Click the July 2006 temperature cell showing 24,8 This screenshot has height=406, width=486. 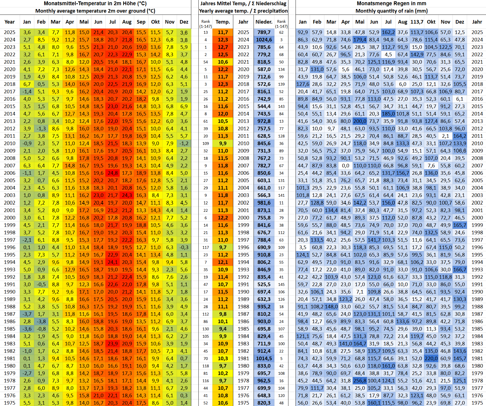tap(113, 173)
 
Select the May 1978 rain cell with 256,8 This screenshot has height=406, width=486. tap(360, 381)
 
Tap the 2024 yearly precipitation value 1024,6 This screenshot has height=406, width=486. tap(264, 40)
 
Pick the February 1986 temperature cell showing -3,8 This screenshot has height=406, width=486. tap(41, 322)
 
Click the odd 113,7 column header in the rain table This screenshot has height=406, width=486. tap(417, 22)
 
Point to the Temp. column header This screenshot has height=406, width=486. tap(223, 22)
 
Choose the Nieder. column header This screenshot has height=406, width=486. tap(264, 22)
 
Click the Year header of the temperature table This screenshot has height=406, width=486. tap(10, 22)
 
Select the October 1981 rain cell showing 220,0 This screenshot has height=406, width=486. tap(431, 359)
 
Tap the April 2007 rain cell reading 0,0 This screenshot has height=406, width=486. tap(345, 166)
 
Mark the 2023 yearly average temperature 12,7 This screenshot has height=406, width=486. tap(223, 47)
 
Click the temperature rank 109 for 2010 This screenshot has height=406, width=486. tap(206, 143)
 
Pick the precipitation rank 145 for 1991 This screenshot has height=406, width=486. tap(281, 284)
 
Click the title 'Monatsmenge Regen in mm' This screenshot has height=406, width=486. tap(391, 4)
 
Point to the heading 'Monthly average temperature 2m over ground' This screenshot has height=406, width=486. tap(95, 11)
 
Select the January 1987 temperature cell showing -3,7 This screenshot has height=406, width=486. tap(27, 314)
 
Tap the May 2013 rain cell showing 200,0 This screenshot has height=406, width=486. tap(360, 121)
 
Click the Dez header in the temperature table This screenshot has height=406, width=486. tap(184, 22)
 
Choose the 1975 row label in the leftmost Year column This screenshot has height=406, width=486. tap(10, 403)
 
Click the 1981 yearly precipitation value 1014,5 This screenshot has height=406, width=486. tap(264, 359)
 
